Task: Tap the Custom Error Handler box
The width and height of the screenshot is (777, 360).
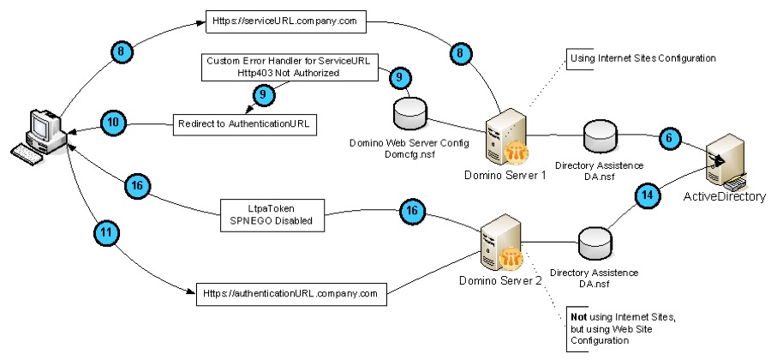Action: pos(290,67)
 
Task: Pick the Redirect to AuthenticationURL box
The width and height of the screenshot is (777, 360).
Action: pos(244,124)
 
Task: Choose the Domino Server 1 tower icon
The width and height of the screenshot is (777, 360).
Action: pos(501,137)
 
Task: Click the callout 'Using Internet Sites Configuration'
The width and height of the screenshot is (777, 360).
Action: pos(642,58)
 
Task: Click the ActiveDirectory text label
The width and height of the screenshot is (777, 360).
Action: pos(723,197)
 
